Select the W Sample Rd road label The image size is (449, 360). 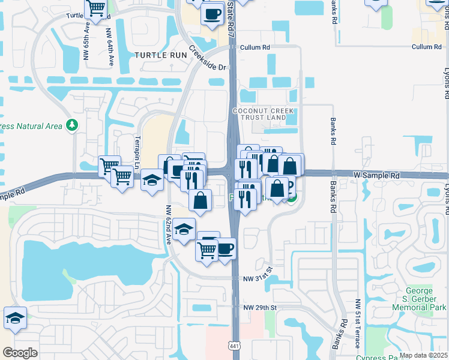376,175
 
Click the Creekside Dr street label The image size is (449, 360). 210,59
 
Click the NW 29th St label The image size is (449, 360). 260,307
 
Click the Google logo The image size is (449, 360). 20,353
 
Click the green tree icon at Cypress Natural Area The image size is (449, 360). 73,125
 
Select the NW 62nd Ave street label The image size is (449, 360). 169,224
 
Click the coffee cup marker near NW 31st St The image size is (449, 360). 224,248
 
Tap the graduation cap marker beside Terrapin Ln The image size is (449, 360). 152,180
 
